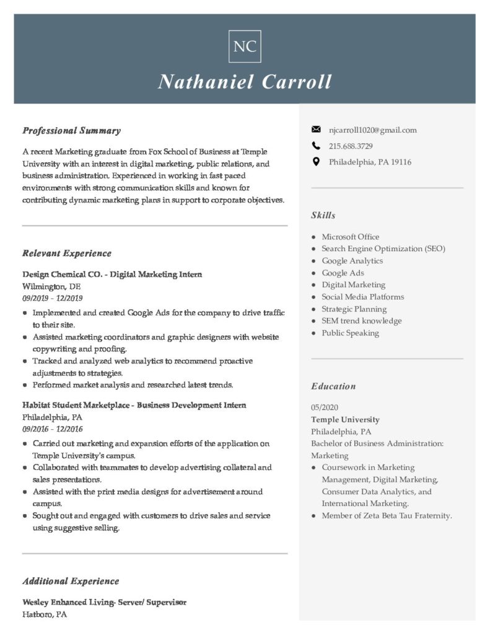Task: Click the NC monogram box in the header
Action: [x=245, y=47]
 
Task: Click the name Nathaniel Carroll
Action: [x=245, y=82]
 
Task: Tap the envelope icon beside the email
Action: [x=316, y=130]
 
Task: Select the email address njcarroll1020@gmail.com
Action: [x=373, y=130]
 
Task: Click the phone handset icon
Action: [x=316, y=146]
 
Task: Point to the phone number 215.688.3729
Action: [x=351, y=146]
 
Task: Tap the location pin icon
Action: [x=316, y=162]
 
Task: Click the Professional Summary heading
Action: [x=71, y=131]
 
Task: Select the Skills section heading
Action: [x=323, y=216]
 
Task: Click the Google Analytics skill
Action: [x=352, y=261]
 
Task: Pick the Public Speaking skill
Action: [x=350, y=333]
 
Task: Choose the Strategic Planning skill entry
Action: [x=354, y=309]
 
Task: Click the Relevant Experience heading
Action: [x=67, y=254]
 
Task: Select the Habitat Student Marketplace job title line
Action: [x=134, y=406]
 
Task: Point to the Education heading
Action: [x=333, y=386]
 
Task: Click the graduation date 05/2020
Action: [x=325, y=407]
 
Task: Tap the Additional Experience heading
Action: [x=71, y=582]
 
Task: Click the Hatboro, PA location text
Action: [x=45, y=615]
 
